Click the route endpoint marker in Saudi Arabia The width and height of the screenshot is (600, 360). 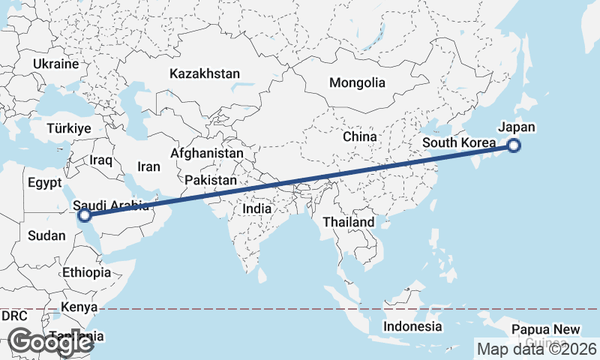85,215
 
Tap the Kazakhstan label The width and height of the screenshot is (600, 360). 204,74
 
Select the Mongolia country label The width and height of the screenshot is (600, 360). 357,83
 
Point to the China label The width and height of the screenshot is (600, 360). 359,136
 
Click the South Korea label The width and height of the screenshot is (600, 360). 459,143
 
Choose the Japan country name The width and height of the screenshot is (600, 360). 517,127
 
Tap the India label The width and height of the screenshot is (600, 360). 256,208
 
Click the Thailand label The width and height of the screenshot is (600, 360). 348,223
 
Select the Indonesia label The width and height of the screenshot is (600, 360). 412,326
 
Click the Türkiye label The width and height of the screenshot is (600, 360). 68,128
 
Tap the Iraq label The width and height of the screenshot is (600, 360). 100,160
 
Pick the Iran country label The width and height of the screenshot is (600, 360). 148,167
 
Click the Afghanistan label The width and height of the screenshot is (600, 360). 207,153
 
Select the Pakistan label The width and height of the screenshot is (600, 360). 211,181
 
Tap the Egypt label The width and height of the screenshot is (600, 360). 44,183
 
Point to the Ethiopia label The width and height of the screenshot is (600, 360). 87,272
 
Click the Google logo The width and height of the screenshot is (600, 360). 51,343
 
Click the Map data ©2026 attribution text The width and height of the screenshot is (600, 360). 537,349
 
